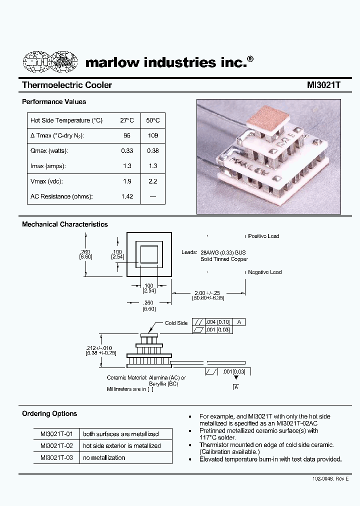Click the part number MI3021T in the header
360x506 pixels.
[323, 85]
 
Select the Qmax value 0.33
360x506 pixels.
[127, 151]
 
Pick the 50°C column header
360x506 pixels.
[153, 120]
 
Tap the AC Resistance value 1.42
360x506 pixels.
[127, 196]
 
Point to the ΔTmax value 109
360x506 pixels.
[153, 136]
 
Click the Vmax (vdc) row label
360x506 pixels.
[46, 181]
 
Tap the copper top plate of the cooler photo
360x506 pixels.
[271, 117]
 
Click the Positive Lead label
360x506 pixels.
[263, 236]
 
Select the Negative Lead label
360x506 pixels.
[264, 272]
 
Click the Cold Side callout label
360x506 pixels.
[176, 323]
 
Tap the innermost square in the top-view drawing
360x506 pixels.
[149, 255]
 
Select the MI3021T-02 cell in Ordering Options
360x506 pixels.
[56, 445]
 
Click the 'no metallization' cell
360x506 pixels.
[104, 457]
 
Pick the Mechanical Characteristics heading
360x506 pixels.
[65, 224]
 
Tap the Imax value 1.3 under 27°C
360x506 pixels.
[127, 166]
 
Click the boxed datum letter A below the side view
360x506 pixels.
[236, 387]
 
